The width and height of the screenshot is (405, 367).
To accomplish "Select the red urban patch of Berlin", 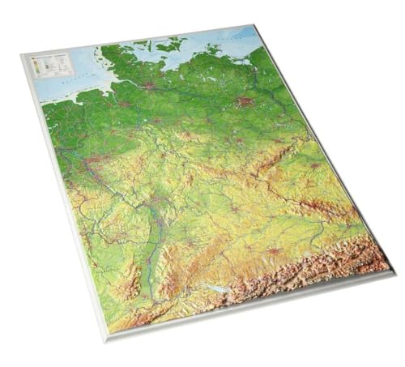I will point(245,102).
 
